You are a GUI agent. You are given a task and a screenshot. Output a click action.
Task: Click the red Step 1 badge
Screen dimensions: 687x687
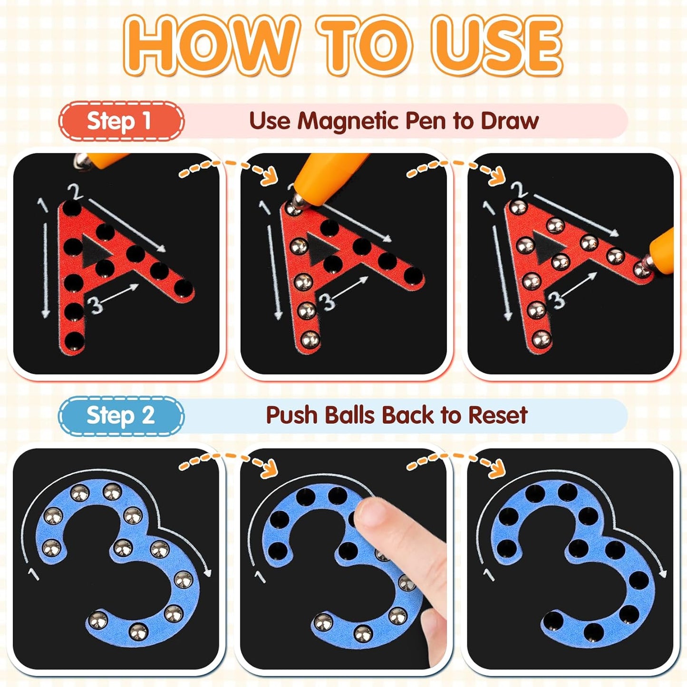[x=121, y=121]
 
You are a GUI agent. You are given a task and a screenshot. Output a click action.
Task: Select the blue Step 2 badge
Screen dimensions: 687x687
[x=121, y=416]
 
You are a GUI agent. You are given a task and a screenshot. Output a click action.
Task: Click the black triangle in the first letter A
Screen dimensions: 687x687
[x=96, y=250]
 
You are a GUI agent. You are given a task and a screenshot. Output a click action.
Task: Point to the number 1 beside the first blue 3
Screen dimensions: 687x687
[x=34, y=574]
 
